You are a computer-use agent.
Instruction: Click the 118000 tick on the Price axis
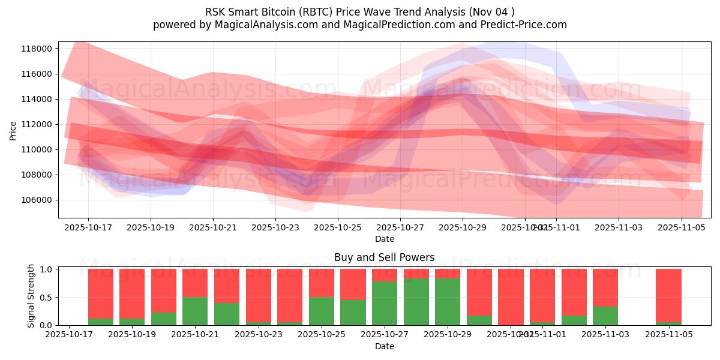pos(37,49)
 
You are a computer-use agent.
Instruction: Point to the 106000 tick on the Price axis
pos(37,200)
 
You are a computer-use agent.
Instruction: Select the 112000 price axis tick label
pos(37,124)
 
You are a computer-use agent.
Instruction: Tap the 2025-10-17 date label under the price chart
pos(88,228)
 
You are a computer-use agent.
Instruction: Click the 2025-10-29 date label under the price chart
pos(463,228)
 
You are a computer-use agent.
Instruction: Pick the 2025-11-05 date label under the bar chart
pos(668,335)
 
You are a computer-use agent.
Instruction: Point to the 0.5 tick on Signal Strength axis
pos(46,298)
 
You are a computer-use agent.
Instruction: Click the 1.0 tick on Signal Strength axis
pos(46,269)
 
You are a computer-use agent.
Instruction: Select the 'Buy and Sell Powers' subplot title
pos(384,258)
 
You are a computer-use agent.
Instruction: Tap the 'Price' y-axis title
pos(13,130)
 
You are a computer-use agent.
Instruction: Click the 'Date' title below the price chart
pos(384,239)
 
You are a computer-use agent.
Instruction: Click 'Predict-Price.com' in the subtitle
pos(521,25)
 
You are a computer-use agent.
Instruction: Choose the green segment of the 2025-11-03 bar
pos(605,316)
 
